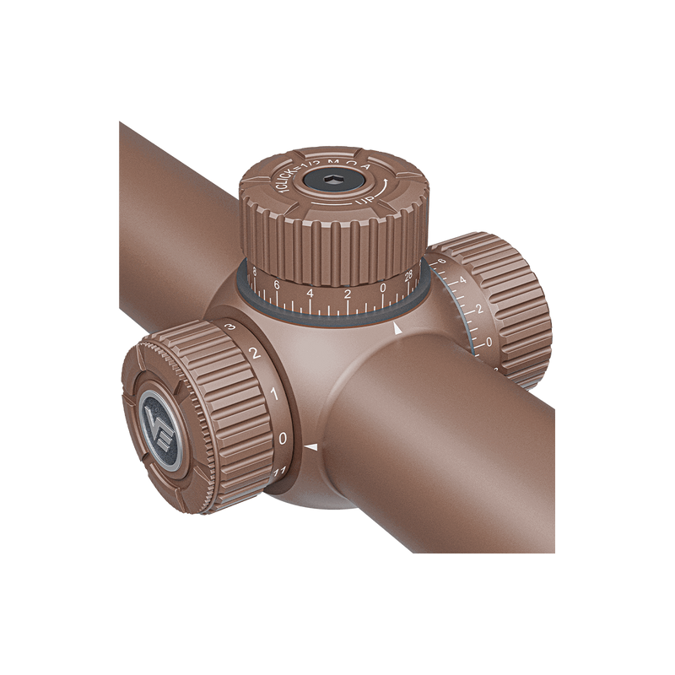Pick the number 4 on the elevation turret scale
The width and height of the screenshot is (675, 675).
(311, 293)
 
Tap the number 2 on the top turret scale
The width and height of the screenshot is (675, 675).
(347, 294)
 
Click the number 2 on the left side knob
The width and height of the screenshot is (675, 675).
(252, 354)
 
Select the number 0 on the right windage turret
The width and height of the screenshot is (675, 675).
(491, 342)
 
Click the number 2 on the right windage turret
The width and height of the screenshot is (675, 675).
(479, 309)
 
